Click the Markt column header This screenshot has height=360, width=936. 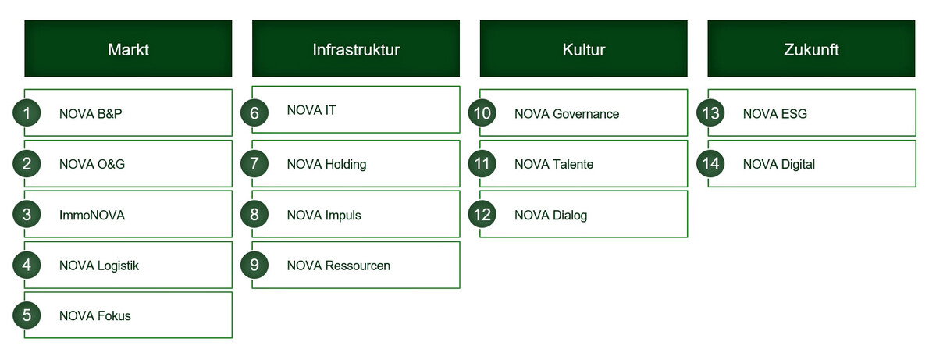pos(128,48)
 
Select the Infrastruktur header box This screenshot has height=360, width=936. pos(356,48)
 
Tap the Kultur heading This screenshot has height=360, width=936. pos(584,48)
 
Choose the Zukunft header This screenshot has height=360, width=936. pos(811,48)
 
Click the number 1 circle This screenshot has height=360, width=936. pos(27,112)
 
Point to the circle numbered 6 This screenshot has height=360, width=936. pos(255,112)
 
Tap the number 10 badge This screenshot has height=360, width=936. pos(482,112)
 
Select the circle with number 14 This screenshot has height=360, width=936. pos(710,163)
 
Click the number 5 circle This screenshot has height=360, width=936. pos(27,315)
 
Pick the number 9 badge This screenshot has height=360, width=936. pos(255,265)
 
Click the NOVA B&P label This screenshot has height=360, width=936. pos(91,113)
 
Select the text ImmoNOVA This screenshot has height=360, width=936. pos(92,215)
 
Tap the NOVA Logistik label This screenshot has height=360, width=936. pos(99,266)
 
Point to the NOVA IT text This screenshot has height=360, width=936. pos(311,110)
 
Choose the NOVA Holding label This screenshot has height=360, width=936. pos(326,164)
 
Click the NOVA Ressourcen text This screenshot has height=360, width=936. pos(339,266)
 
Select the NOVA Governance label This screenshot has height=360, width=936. pos(567,113)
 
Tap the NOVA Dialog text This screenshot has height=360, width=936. pos(551,216)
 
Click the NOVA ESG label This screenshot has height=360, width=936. pos(775,113)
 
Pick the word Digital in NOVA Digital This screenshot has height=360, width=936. pos(798,165)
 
